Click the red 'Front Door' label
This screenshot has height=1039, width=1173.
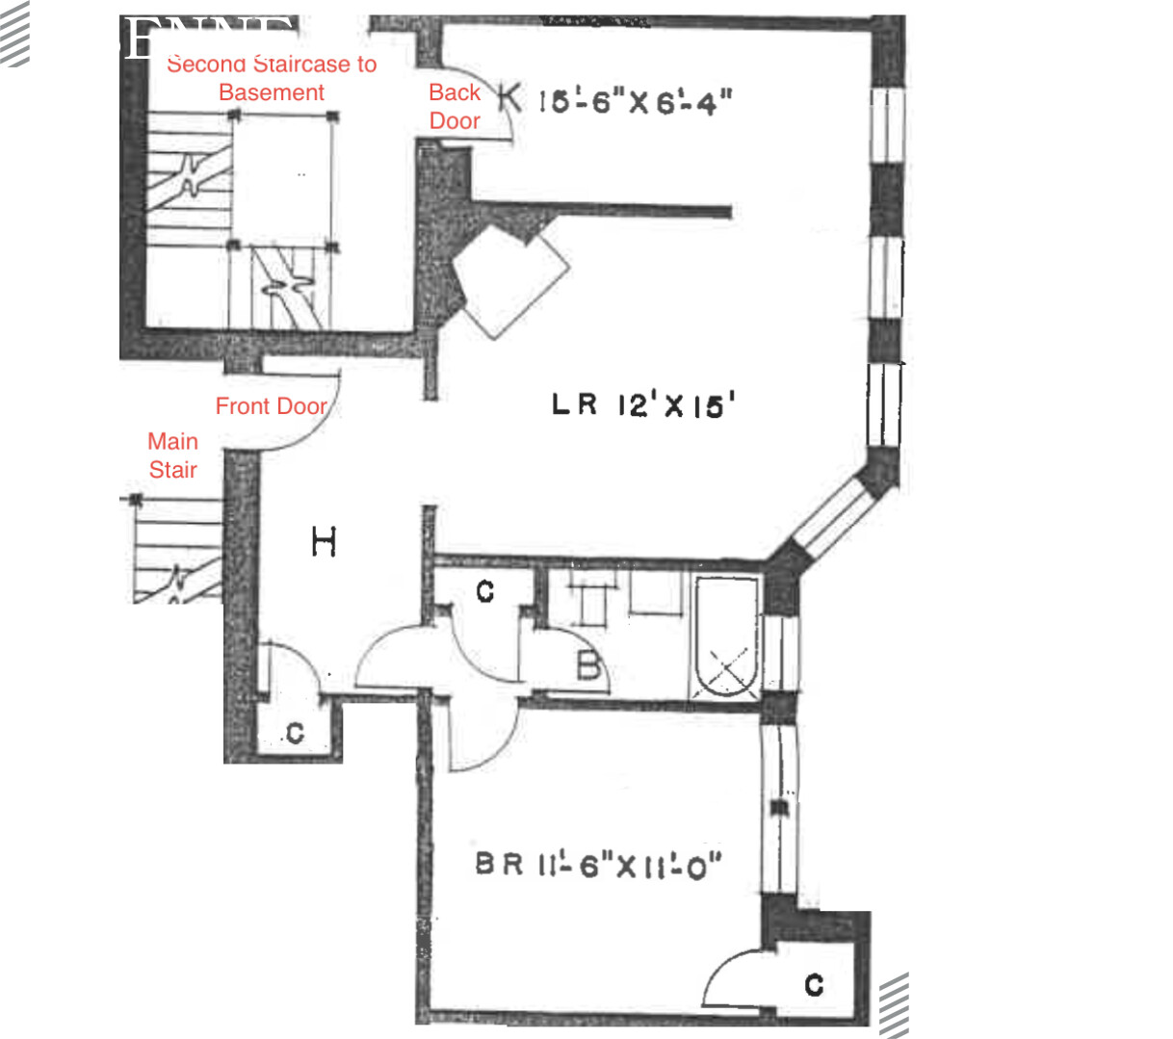271,406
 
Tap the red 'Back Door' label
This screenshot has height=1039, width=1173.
455,106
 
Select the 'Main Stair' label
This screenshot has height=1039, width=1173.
172,455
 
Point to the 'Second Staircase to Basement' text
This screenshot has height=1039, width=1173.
272,78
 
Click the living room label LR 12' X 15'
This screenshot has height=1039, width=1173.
642,404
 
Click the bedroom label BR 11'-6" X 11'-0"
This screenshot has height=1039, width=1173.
598,865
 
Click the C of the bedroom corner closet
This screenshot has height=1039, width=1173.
814,984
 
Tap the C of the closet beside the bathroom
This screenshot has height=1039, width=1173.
484,590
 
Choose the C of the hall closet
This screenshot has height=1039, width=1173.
295,734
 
